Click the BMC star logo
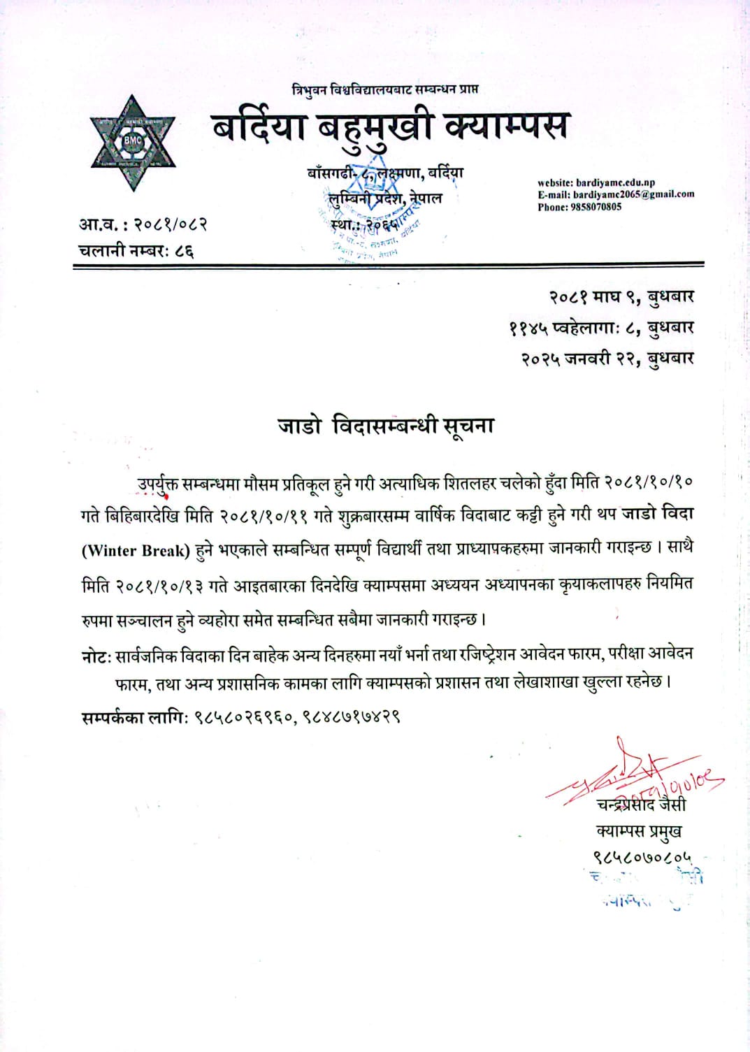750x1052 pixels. pos(132,143)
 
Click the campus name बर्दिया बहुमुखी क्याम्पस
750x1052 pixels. pos(389,127)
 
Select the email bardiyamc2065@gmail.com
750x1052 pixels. pos(633,194)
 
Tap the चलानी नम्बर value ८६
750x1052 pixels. pos(185,250)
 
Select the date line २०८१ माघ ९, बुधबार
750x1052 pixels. pos(621,297)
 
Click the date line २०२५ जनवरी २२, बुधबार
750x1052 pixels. pos(607,359)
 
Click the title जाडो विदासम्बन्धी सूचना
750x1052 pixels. pos(386,426)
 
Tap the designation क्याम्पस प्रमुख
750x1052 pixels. pos(639,831)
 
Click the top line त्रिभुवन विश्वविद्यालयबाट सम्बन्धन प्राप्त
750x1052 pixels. pos(386,89)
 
